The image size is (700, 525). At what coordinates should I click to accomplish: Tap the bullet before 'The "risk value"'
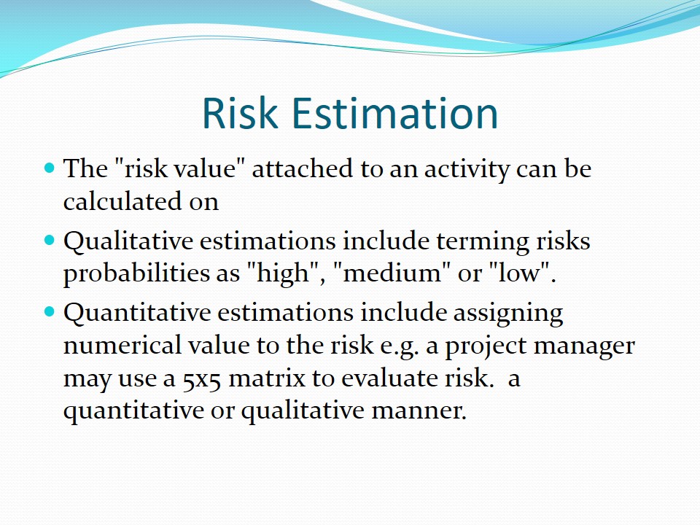(x=50, y=168)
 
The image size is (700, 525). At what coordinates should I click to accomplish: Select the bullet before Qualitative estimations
(x=50, y=241)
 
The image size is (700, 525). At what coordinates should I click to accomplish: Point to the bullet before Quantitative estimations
(x=50, y=311)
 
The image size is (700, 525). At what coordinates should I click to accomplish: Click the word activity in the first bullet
(x=467, y=170)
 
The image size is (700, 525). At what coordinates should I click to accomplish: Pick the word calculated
(x=122, y=201)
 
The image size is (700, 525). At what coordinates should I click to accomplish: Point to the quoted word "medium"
(x=393, y=273)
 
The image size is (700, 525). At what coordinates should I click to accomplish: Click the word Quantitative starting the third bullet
(x=137, y=312)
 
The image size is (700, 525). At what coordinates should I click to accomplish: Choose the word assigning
(x=508, y=313)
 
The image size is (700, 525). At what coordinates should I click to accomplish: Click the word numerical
(x=122, y=346)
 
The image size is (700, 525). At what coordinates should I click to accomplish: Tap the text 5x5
(x=201, y=379)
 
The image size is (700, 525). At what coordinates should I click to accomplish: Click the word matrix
(x=267, y=378)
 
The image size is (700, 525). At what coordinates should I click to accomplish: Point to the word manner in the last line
(x=419, y=411)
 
